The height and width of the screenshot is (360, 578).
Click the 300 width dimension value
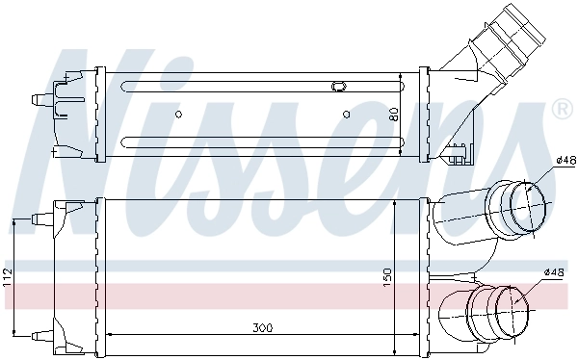(261, 328)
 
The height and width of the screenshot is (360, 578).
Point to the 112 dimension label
(8, 277)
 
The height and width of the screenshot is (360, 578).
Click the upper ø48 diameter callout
(565, 160)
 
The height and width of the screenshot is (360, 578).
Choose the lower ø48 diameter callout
(553, 272)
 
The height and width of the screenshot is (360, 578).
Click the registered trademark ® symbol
(561, 112)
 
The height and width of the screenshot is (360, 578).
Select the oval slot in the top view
(338, 87)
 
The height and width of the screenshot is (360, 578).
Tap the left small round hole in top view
(178, 115)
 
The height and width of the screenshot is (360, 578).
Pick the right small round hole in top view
(347, 115)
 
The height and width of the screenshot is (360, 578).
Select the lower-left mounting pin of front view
(39, 334)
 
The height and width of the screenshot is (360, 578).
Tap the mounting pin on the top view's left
(39, 98)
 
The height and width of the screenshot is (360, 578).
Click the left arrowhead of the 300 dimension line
(107, 334)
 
